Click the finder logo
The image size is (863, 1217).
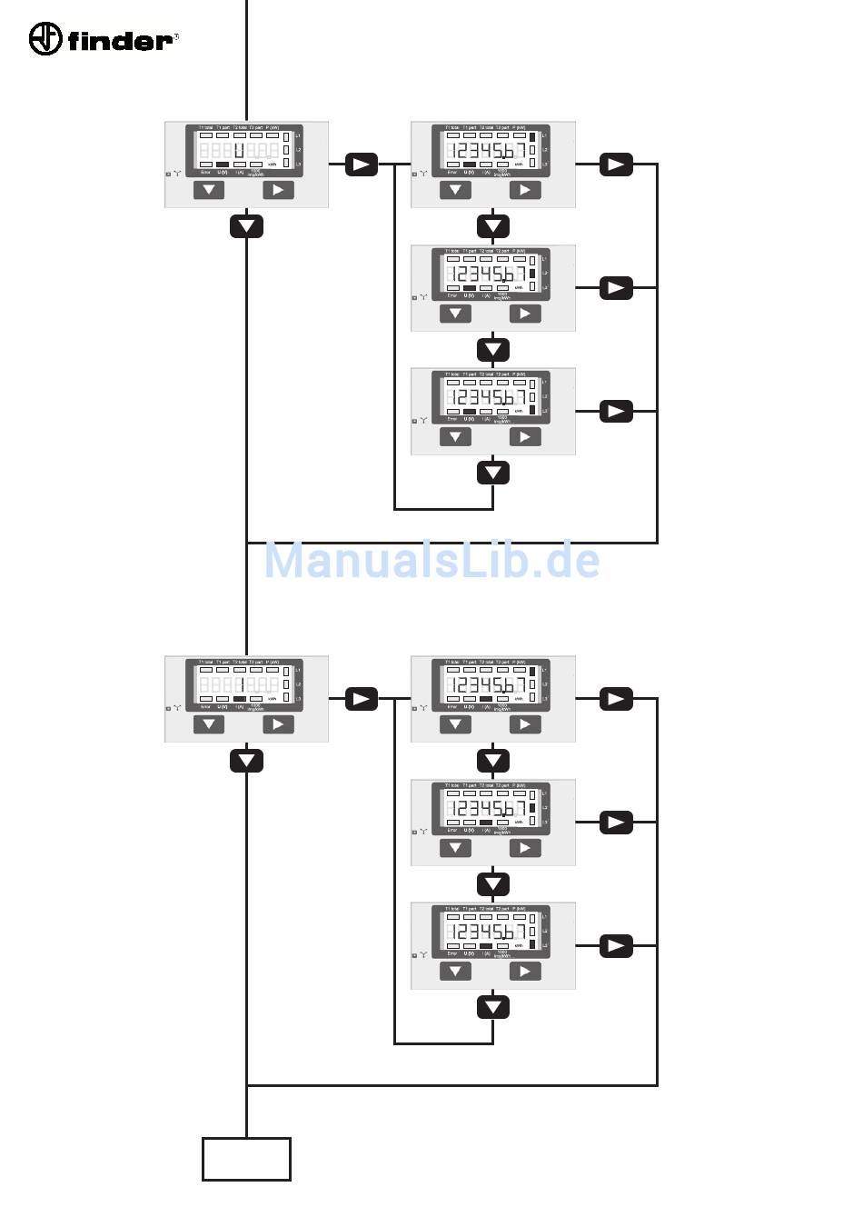103,39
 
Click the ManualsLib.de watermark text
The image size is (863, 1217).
431,560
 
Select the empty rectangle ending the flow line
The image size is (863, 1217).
246,1159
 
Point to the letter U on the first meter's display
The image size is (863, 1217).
238,150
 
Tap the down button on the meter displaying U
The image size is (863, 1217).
209,190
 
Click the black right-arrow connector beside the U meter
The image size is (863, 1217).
361,165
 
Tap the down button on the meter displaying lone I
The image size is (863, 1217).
209,724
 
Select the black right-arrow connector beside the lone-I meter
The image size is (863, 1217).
361,699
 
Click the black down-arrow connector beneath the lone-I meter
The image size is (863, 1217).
246,761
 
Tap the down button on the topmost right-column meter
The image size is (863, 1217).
455,190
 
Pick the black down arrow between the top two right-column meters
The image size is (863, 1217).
493,226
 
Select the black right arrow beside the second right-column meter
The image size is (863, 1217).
616,288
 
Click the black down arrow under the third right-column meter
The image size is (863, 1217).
493,473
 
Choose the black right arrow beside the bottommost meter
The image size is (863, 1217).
616,946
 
